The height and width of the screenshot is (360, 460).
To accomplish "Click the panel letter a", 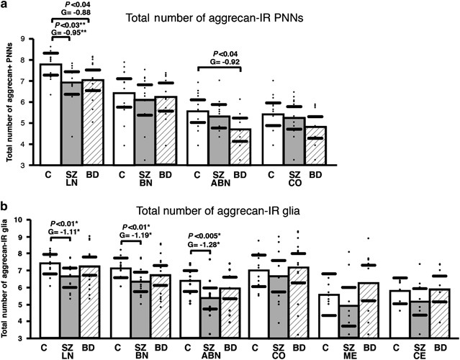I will [x=4, y=5].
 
